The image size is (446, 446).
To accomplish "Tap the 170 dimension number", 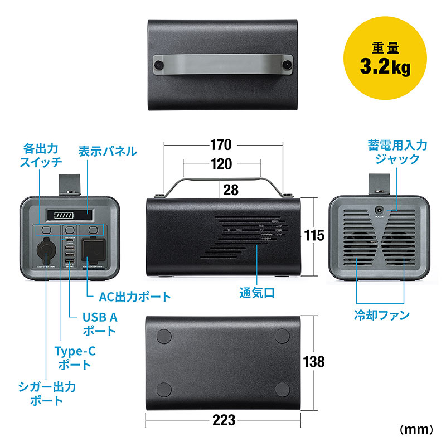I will (x=221, y=146).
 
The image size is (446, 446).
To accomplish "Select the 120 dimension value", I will (x=221, y=164).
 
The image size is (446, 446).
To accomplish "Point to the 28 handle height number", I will (x=230, y=190).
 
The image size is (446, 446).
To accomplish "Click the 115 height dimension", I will (x=315, y=236).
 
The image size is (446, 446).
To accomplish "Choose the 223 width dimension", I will (x=224, y=420).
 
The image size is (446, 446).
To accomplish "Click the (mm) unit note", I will (x=416, y=429).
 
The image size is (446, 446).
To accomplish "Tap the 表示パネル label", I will (x=107, y=151).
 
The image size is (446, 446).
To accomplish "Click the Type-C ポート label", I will (x=72, y=358).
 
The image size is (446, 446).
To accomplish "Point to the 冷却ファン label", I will (x=382, y=316).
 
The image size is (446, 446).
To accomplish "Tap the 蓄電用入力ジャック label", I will (x=397, y=152).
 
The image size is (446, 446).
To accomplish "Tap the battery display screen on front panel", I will (x=70, y=216).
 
